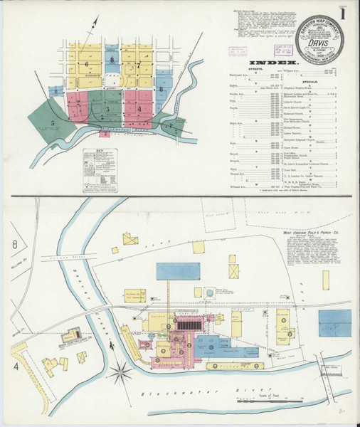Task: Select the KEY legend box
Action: click(100, 165)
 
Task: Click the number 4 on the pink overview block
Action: click(139, 109)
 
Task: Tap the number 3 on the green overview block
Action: click(107, 110)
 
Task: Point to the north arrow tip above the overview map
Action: click(92, 25)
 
